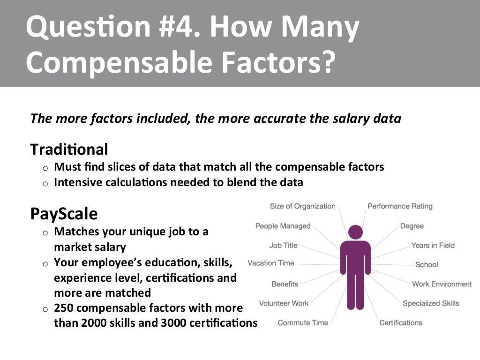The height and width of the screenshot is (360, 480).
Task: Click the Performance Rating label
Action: pos(400,206)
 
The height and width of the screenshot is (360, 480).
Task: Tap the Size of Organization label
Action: pos(302,206)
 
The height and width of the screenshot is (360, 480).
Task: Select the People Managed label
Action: pos(283,226)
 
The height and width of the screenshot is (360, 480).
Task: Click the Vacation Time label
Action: pos(271,263)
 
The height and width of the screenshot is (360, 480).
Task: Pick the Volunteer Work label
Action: pos(284,303)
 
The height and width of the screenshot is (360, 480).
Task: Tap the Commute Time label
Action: pos(303,322)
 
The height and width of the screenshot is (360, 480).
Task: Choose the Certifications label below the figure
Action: pos(401,322)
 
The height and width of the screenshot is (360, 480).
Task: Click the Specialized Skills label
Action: pos(431,303)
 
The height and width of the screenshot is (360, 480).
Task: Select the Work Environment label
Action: pos(442,284)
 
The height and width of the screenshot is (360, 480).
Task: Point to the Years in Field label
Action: pos(433,245)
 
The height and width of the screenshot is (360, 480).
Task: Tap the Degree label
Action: pos(412,226)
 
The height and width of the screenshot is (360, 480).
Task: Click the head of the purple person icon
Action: pos(355,232)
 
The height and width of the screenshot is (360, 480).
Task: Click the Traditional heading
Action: pos(69,150)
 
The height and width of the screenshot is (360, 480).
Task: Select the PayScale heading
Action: pos(64,214)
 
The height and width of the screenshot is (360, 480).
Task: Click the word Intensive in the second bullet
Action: pos(76,182)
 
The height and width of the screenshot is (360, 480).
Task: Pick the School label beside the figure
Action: pos(427,265)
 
